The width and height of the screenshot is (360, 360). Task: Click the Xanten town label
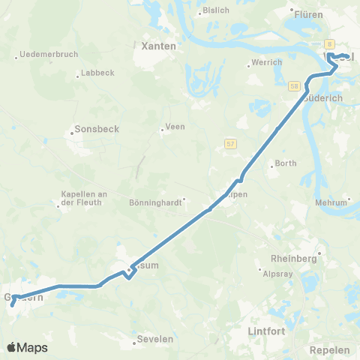pos(159,46)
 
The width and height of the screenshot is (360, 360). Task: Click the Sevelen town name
pos(155,339)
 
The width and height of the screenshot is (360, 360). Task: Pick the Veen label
pos(175,127)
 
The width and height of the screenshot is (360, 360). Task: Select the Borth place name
pos(286,163)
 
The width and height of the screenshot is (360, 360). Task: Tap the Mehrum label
pos(332,202)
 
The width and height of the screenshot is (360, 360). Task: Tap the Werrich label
pos(267,62)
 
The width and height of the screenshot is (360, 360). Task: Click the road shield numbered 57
pos(230,142)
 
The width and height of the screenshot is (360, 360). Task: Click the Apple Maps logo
pos(27,347)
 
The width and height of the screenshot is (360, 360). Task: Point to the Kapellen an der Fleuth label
pos(84,198)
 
